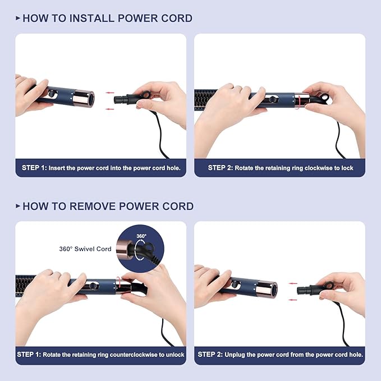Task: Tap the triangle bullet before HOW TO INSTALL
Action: click(18, 19)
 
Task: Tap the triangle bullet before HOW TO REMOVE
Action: click(18, 206)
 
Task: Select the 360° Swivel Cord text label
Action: click(85, 249)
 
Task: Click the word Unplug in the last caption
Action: click(242, 355)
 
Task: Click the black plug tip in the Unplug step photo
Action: click(302, 290)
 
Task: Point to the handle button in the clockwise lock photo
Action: click(273, 99)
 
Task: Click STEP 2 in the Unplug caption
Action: click(210, 355)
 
